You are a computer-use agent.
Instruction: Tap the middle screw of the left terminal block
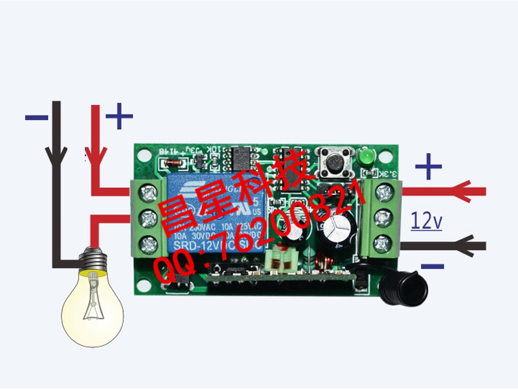150,218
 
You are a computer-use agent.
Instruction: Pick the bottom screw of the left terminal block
150,244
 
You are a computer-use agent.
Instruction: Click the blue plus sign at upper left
119,117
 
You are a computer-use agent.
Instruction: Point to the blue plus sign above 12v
428,167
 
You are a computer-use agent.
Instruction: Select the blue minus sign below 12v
431,266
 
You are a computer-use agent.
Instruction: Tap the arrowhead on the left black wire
56,154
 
